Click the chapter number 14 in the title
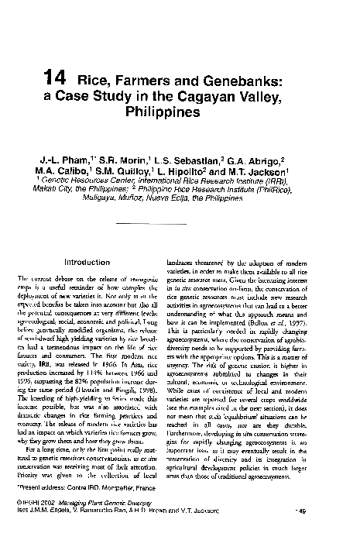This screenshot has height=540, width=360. [x=57, y=78]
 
